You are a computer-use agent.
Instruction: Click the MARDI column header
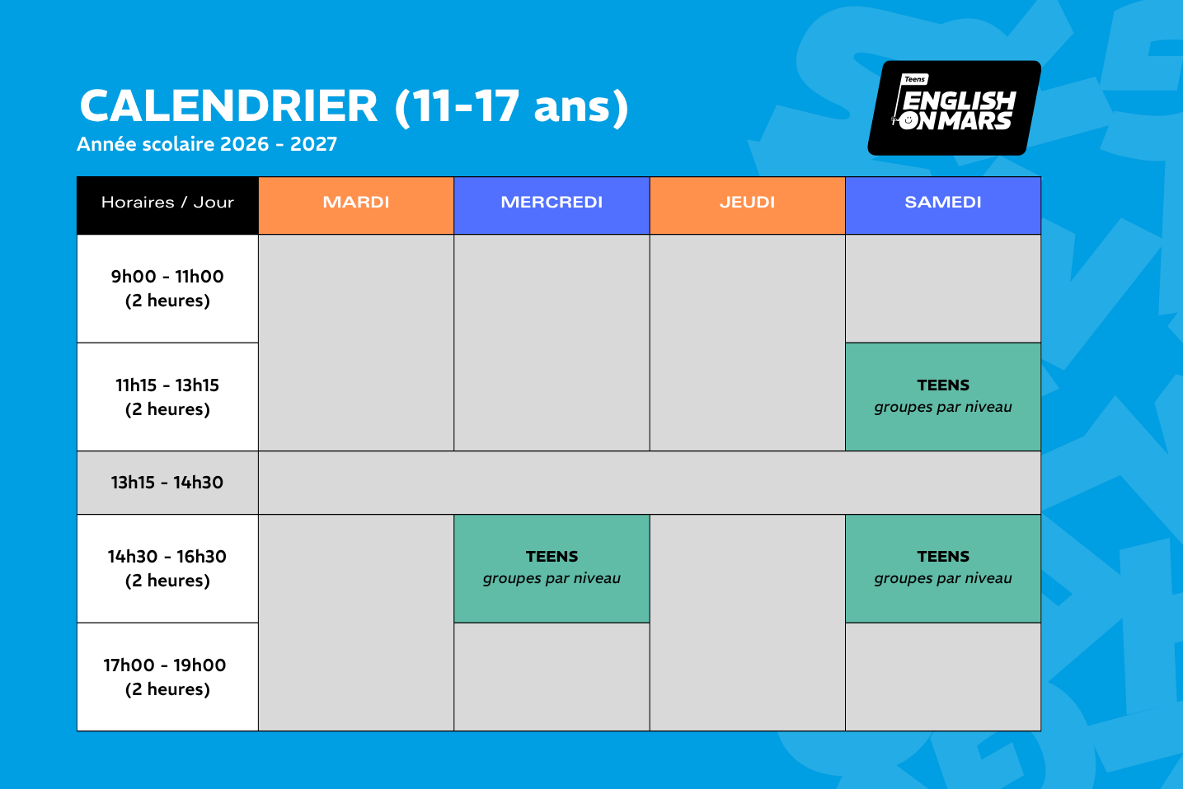(356, 205)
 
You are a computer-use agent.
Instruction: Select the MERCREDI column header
(552, 205)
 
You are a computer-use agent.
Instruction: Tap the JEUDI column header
(747, 205)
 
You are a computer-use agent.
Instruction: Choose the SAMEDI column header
(943, 205)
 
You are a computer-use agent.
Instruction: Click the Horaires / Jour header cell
(167, 205)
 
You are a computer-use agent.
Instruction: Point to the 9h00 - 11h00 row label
(167, 289)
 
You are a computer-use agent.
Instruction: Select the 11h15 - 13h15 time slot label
(167, 397)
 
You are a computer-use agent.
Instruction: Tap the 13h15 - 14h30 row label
(167, 483)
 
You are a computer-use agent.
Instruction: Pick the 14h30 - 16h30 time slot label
(167, 568)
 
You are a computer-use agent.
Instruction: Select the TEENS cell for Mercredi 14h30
(552, 568)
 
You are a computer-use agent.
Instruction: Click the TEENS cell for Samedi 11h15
(943, 397)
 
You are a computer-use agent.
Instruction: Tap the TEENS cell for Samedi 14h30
(943, 568)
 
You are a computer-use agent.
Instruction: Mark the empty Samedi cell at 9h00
(943, 289)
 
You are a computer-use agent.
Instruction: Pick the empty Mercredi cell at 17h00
(552, 677)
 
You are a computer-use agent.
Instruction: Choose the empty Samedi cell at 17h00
(943, 677)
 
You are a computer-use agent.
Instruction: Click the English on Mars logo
(955, 108)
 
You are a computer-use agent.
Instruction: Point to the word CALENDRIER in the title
(228, 105)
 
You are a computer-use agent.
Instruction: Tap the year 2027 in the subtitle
(313, 144)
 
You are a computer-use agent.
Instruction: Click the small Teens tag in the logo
(915, 79)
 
